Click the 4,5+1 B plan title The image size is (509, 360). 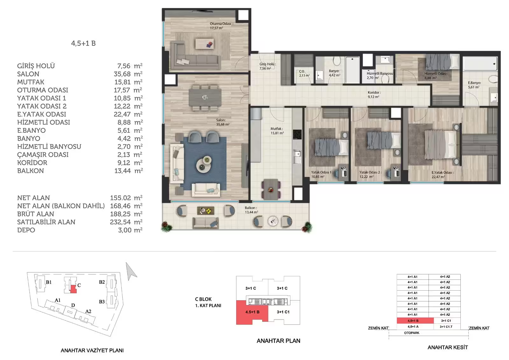point(83,43)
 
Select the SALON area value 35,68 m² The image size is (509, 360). point(128,74)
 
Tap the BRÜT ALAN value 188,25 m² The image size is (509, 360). point(126,214)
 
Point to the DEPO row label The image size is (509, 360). point(26,230)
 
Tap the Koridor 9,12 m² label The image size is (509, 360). point(374,95)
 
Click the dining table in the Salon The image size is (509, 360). point(205,98)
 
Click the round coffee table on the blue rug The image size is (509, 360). point(204,164)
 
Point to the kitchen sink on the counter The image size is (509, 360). point(297,157)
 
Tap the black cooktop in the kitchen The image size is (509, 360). point(297,134)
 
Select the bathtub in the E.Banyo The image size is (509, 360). point(480,63)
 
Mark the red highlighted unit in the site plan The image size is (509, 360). point(73,289)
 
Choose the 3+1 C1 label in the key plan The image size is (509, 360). point(283,312)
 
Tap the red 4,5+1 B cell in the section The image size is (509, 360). point(415,321)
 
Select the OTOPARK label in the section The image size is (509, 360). point(412,333)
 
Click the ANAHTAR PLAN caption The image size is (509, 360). point(278,341)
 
